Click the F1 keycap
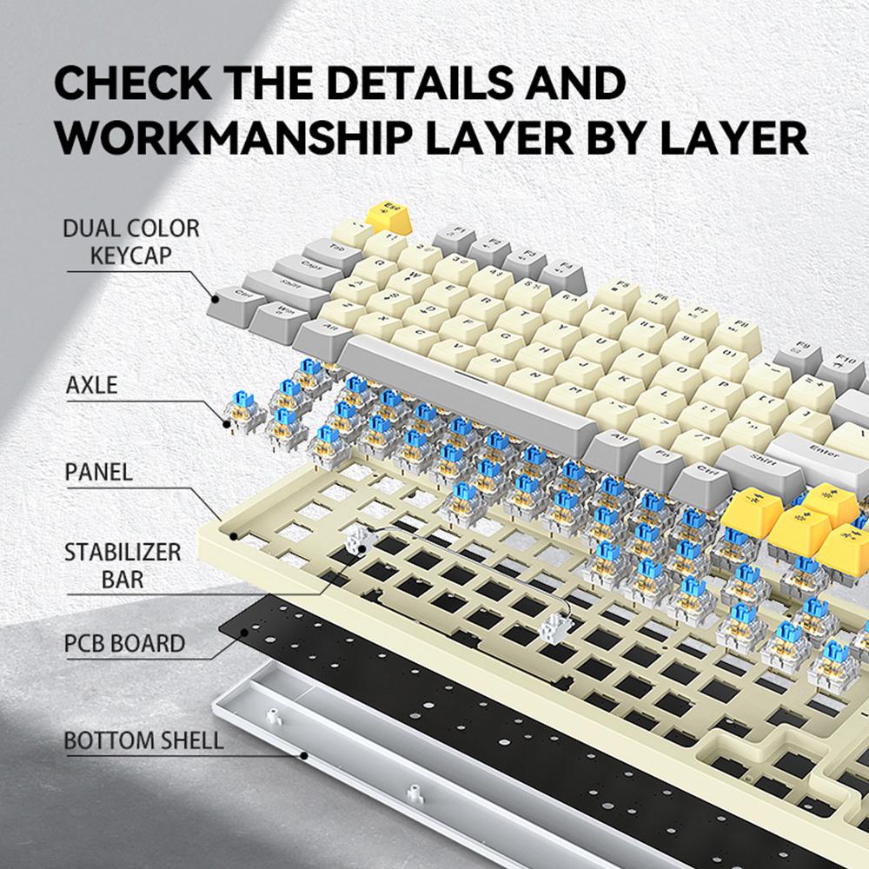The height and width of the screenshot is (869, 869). click(x=454, y=233)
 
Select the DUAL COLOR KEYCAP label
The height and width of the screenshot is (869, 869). click(x=130, y=242)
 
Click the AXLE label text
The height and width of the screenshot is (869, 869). click(x=91, y=384)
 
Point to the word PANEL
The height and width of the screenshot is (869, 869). click(x=99, y=472)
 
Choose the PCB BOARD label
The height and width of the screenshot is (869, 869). click(x=124, y=644)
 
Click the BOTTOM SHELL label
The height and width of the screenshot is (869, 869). click(x=143, y=740)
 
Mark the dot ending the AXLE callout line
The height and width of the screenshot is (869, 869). click(x=228, y=425)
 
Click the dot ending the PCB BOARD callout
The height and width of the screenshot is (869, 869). click(x=244, y=632)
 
